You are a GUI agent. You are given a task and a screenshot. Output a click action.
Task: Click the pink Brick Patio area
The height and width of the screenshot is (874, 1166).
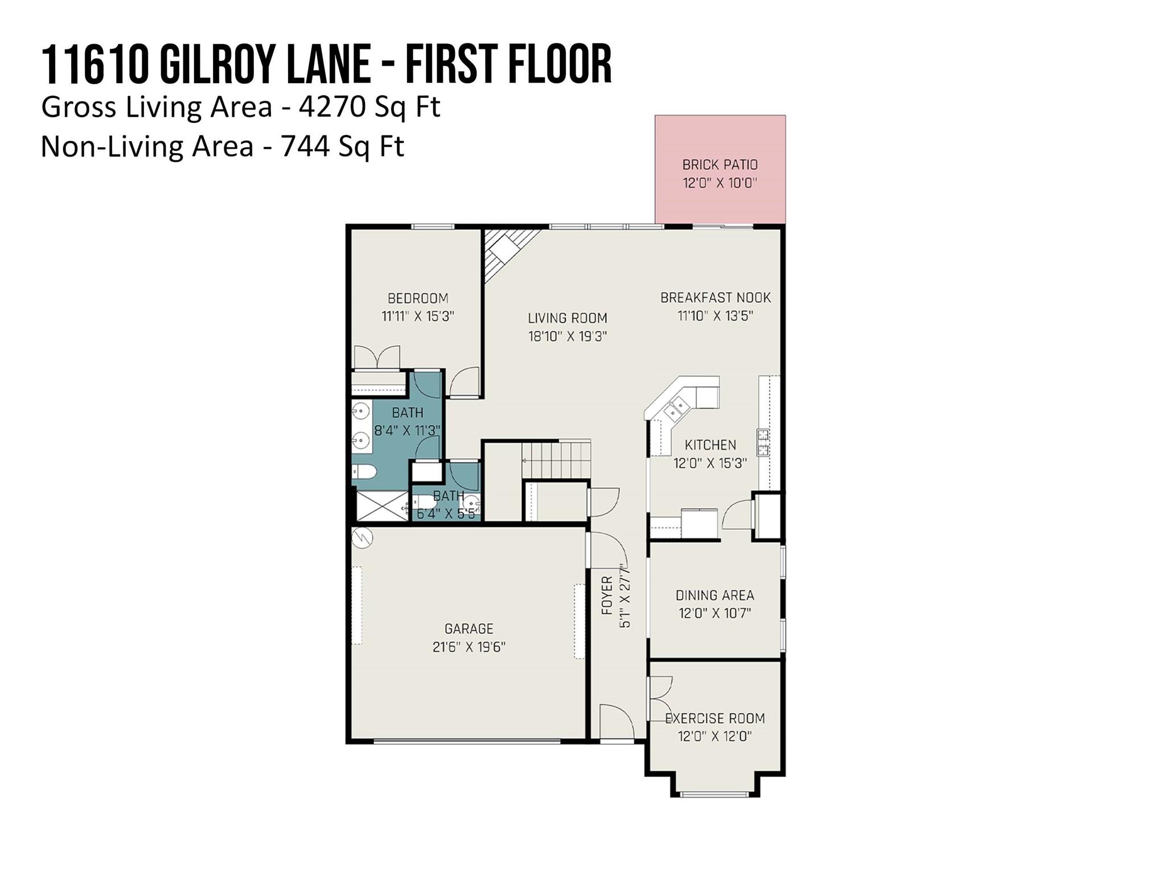click(720, 169)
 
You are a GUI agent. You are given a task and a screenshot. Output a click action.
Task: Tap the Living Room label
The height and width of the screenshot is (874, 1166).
click(568, 318)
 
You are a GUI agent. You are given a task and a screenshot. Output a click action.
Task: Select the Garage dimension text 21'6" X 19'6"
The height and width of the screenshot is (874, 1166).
click(469, 647)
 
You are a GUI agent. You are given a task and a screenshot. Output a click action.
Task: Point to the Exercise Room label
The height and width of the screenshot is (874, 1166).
click(715, 718)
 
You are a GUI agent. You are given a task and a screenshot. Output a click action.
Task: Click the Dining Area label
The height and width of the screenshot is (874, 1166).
click(715, 595)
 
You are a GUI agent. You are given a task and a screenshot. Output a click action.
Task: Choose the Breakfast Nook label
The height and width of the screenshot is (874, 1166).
click(716, 298)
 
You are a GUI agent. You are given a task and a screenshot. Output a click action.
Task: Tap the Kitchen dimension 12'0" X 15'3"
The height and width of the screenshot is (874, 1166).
click(711, 463)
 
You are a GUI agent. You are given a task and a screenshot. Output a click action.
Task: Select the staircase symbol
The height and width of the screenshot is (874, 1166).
click(556, 460)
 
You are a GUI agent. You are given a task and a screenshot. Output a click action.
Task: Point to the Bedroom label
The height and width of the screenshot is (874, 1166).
click(418, 298)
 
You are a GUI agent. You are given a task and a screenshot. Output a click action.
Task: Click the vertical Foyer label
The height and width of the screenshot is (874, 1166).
click(607, 595)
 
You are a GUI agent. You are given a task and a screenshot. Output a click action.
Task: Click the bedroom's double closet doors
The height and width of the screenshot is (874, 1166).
click(377, 357)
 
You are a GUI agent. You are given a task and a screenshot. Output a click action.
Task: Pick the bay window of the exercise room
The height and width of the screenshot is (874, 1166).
click(715, 794)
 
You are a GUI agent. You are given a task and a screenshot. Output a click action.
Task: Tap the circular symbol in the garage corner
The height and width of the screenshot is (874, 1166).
click(362, 538)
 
